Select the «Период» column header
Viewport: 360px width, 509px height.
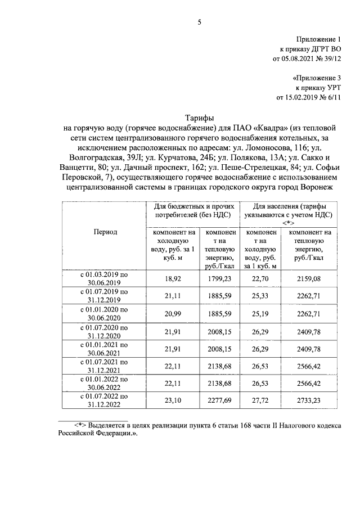click(103, 231)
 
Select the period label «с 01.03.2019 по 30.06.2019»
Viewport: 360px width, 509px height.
click(103, 278)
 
